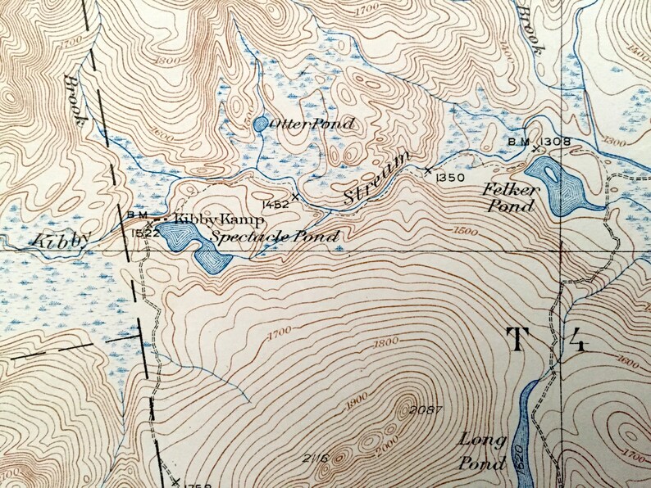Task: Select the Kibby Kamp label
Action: [217, 221]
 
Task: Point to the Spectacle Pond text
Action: [275, 237]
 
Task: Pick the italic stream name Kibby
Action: [61, 239]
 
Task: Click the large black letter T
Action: [518, 338]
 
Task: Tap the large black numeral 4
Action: [577, 338]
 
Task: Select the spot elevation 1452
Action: [275, 204]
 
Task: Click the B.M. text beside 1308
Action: [518, 141]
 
